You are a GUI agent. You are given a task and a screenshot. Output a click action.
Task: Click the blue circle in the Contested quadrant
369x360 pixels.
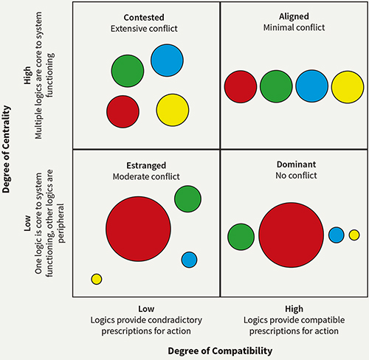(167, 60)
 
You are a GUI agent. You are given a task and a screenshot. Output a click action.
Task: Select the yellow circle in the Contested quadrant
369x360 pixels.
(173, 110)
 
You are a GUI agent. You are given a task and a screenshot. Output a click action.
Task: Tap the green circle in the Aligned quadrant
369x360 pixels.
(276, 86)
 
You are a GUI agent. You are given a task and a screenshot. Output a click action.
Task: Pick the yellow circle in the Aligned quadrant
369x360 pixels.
(348, 87)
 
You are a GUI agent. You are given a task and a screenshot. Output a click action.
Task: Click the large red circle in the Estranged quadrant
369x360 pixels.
(138, 229)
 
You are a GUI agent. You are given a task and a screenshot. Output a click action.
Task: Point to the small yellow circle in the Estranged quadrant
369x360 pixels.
(97, 279)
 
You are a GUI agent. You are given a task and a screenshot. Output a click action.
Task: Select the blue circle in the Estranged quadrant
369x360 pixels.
(189, 260)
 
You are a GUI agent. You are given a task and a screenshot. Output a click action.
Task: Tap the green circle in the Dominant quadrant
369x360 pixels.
(241, 237)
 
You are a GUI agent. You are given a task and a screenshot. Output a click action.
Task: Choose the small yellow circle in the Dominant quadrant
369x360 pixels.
(354, 235)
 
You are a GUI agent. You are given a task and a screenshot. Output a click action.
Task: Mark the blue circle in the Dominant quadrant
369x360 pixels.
(337, 235)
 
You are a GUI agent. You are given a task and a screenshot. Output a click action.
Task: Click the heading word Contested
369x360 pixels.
(144, 18)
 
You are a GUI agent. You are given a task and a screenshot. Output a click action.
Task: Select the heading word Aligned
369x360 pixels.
(294, 16)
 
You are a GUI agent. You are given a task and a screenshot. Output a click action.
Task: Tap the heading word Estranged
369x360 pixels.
(146, 165)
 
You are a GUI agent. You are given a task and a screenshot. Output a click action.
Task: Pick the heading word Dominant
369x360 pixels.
(296, 165)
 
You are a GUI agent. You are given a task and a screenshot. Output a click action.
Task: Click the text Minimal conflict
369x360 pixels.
(294, 27)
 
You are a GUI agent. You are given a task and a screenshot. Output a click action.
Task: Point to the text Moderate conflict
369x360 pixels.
(146, 176)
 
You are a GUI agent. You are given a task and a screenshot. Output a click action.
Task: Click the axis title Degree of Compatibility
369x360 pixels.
(220, 351)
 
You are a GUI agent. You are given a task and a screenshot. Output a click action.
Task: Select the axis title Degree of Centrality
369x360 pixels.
(7, 149)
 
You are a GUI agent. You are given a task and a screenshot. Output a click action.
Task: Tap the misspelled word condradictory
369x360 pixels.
(175, 320)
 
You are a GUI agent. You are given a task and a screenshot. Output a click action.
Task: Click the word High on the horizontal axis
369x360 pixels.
(294, 309)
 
